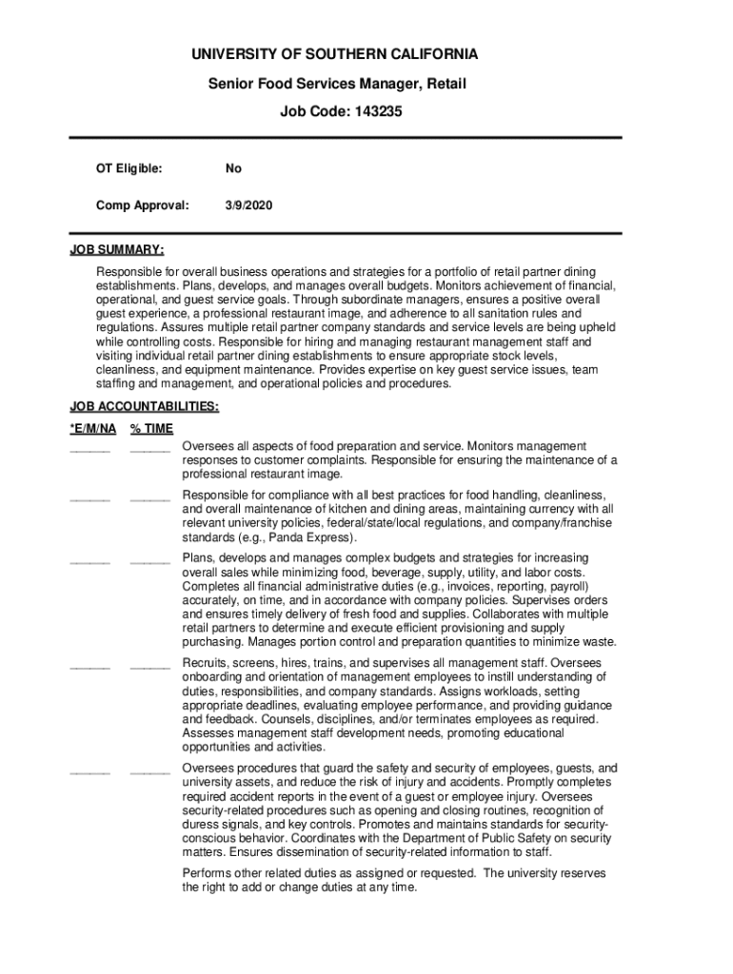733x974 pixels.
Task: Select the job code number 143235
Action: coord(379,111)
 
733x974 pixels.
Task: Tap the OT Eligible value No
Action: coord(233,168)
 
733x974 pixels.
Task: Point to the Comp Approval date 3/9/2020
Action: coord(248,205)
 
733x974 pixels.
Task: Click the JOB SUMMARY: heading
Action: coord(116,250)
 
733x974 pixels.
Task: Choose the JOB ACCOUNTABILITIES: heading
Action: coord(144,407)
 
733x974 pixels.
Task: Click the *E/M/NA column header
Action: coord(91,429)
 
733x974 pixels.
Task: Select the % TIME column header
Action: coord(151,429)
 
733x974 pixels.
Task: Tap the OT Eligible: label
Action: coord(129,168)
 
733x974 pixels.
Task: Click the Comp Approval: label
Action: coord(142,205)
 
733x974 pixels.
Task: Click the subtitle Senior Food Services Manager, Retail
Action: coord(338,84)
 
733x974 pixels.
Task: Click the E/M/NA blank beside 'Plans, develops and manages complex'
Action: coord(89,561)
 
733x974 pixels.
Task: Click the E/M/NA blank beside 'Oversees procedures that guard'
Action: coord(89,771)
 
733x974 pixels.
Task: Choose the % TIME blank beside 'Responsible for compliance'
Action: coord(149,497)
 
